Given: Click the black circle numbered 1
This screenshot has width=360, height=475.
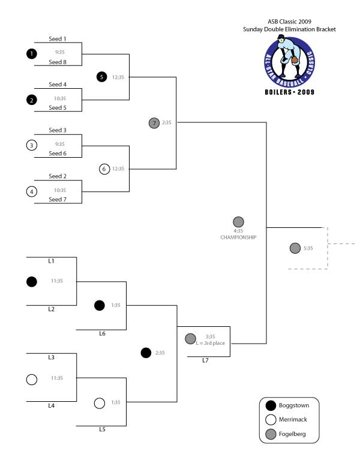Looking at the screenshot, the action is [x=32, y=54].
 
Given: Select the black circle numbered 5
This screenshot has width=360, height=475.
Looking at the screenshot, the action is [x=102, y=77].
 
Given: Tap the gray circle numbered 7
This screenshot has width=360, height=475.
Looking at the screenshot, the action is [x=154, y=123].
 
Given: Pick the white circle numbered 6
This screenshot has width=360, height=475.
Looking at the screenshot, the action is [x=104, y=169].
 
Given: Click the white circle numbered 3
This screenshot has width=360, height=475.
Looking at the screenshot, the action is [x=32, y=145].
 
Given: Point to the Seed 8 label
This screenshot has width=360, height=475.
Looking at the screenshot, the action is [x=58, y=62].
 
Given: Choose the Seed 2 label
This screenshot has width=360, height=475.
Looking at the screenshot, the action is [x=58, y=176].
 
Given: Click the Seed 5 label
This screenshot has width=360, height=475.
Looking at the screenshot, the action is [x=58, y=108].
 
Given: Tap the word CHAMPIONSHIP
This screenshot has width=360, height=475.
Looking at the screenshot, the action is [x=238, y=237].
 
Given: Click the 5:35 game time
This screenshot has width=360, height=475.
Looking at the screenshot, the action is [x=308, y=248].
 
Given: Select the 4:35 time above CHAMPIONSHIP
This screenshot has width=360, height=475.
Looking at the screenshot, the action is [x=238, y=231].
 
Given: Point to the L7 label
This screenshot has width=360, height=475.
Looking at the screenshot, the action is [x=205, y=360].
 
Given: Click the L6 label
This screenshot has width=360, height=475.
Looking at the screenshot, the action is [x=103, y=334].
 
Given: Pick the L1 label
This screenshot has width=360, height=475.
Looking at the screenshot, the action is [x=51, y=261].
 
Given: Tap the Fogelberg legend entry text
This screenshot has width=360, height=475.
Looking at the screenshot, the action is [x=292, y=434].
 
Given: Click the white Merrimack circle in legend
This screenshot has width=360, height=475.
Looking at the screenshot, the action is [x=271, y=420].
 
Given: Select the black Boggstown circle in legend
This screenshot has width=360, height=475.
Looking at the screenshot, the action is [x=271, y=405].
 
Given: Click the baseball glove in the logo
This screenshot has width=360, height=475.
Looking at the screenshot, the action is [x=295, y=60].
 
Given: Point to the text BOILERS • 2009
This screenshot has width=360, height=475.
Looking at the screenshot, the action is [x=290, y=92].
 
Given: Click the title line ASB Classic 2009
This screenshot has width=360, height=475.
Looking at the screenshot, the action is [x=289, y=22].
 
